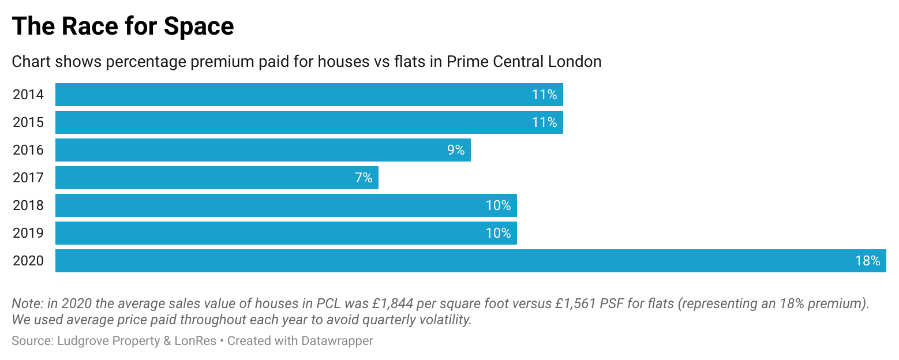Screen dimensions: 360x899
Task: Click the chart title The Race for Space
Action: coord(123,27)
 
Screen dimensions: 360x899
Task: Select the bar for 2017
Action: coord(216,178)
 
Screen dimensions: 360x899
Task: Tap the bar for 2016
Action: coord(263,150)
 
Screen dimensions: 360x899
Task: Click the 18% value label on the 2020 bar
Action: coord(867,261)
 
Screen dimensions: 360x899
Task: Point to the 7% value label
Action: coord(364,178)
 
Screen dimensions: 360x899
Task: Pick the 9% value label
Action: coord(455,150)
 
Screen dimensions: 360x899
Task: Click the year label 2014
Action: coord(28,95)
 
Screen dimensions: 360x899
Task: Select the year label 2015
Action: coord(28,122)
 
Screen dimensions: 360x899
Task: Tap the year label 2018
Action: coord(28,205)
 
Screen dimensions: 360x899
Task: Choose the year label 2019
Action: coord(28,233)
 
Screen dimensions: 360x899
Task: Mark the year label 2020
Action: coord(28,261)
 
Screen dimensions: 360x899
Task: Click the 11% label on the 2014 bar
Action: coord(544,95)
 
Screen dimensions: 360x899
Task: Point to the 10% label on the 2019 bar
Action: coord(498,233)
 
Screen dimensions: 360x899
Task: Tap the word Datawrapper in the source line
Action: coord(337,341)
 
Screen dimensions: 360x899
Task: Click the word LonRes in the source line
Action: coord(196,341)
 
